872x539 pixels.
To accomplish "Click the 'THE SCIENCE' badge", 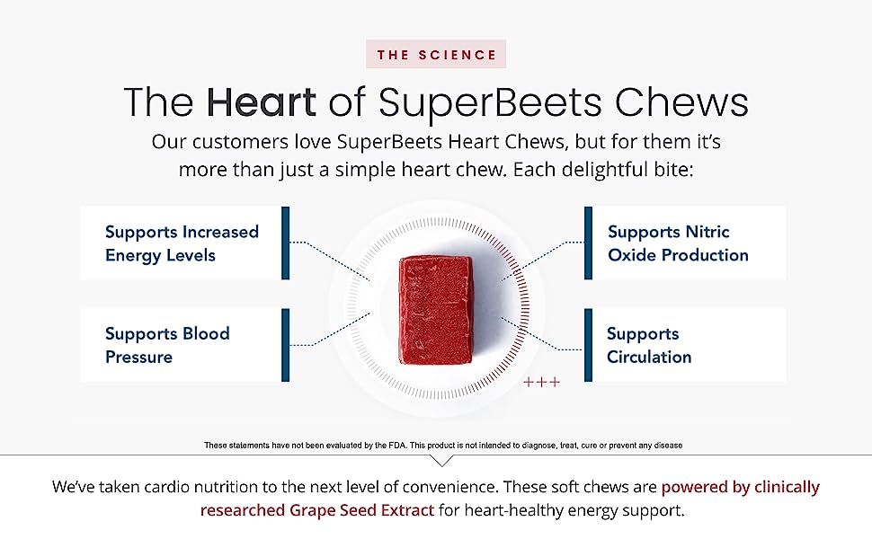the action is pyautogui.click(x=436, y=55).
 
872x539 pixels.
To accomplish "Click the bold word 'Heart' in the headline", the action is pyautogui.click(x=262, y=102).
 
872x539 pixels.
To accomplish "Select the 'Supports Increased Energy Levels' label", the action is pyautogui.click(x=182, y=243).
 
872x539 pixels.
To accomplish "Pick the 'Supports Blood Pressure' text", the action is pyautogui.click(x=167, y=345).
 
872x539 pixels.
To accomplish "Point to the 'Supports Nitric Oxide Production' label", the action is pyautogui.click(x=678, y=243).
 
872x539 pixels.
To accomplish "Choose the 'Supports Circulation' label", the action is pyautogui.click(x=649, y=345).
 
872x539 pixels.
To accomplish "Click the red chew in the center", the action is pyautogui.click(x=436, y=310).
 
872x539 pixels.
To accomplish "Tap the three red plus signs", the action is pyautogui.click(x=542, y=382).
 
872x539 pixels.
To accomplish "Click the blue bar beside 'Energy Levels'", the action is pyautogui.click(x=285, y=243).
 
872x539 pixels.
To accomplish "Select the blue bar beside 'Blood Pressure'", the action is pyautogui.click(x=285, y=345).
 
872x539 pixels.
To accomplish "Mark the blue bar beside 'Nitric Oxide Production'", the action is pyautogui.click(x=589, y=243).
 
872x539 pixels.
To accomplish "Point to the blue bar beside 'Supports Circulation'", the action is pyautogui.click(x=589, y=345).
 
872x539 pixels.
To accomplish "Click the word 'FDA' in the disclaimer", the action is pyautogui.click(x=398, y=445).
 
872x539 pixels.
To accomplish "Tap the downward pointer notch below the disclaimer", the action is pyautogui.click(x=442, y=461).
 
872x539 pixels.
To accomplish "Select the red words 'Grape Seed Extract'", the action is pyautogui.click(x=361, y=510).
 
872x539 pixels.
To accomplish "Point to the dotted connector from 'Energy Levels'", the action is pyautogui.click(x=330, y=261).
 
